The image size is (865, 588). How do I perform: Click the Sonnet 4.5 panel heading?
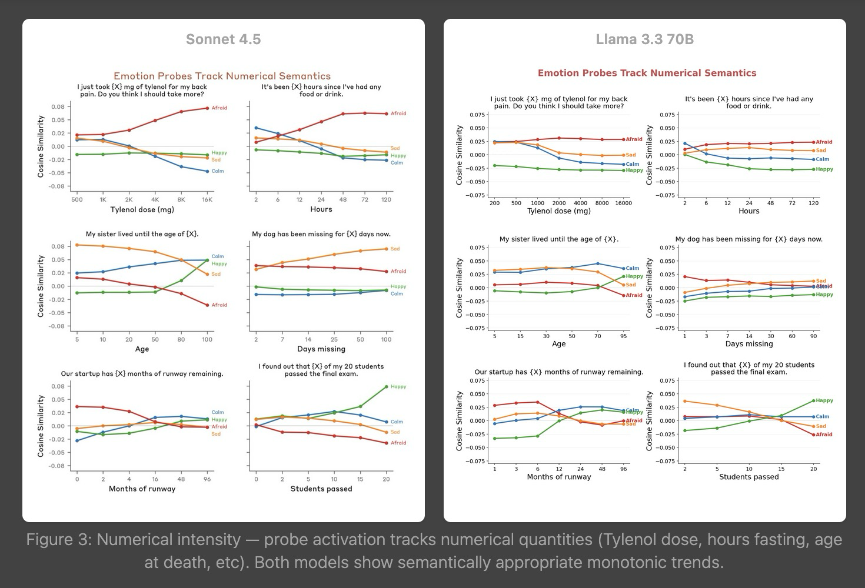223,39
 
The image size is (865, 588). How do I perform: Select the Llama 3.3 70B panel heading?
644,39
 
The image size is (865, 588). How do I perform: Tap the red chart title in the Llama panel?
647,73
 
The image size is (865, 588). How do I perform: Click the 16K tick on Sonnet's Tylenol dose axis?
207,199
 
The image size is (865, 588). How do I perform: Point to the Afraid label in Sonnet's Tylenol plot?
219,108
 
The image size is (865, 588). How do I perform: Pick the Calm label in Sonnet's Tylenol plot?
218,171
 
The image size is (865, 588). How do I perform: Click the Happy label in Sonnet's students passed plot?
398,386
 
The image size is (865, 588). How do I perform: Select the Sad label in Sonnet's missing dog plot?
395,249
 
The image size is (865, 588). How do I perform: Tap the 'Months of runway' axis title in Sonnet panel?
142,489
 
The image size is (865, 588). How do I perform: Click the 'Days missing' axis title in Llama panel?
748,344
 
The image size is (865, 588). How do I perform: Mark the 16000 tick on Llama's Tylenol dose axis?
623,203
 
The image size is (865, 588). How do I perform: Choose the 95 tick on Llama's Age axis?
623,336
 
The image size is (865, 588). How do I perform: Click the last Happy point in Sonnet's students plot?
386,386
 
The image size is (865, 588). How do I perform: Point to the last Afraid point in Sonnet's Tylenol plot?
207,108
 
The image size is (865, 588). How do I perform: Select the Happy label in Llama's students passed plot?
824,400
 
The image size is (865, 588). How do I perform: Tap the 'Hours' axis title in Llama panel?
748,211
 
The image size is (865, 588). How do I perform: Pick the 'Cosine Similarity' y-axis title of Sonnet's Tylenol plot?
41,146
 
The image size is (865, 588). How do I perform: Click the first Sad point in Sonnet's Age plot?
77,245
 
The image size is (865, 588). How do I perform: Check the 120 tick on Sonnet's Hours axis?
386,199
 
